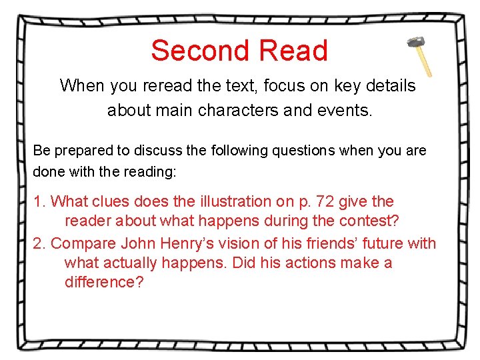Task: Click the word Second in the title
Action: pyautogui.click(x=200, y=51)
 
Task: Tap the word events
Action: pyautogui.click(x=346, y=110)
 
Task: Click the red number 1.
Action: pyautogui.click(x=38, y=201)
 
